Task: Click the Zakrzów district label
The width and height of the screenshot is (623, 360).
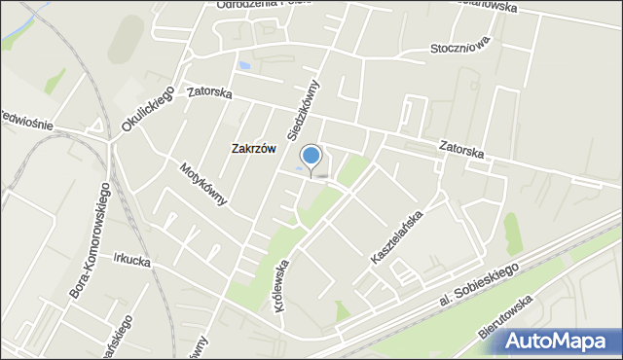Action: (253, 149)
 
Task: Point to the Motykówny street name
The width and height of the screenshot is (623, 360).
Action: (202, 183)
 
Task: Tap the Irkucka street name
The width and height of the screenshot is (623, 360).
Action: (132, 260)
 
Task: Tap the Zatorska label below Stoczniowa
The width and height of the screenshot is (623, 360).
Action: (461, 150)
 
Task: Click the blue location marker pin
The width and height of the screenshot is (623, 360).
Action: (311, 157)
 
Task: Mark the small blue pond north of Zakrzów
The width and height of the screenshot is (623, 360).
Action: (243, 66)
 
